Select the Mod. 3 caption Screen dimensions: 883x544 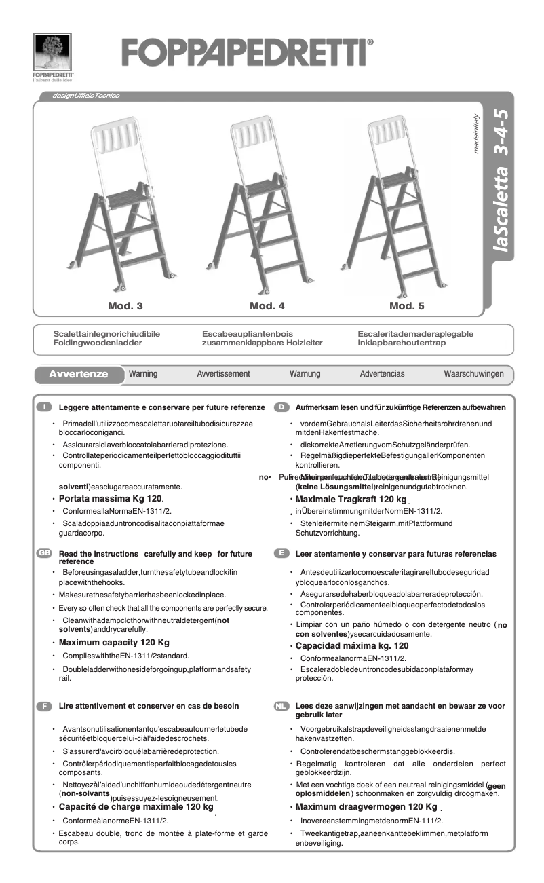(x=125, y=306)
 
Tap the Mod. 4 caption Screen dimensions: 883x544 (x=267, y=306)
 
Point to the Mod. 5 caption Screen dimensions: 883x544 (x=407, y=306)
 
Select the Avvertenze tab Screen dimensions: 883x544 (x=79, y=374)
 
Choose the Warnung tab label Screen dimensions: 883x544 (x=305, y=374)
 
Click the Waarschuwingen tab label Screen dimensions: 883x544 (x=473, y=374)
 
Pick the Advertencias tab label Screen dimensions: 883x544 (x=382, y=374)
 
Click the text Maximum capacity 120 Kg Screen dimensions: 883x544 (x=114, y=642)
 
